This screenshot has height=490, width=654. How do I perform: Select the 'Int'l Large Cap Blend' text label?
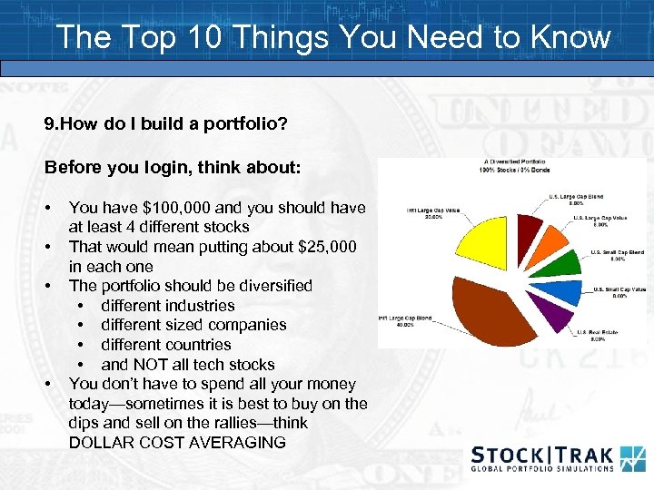tap(405, 318)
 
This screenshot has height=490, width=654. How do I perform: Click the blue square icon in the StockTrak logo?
tap(632, 457)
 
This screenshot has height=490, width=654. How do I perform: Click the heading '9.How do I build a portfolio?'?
tap(166, 122)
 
